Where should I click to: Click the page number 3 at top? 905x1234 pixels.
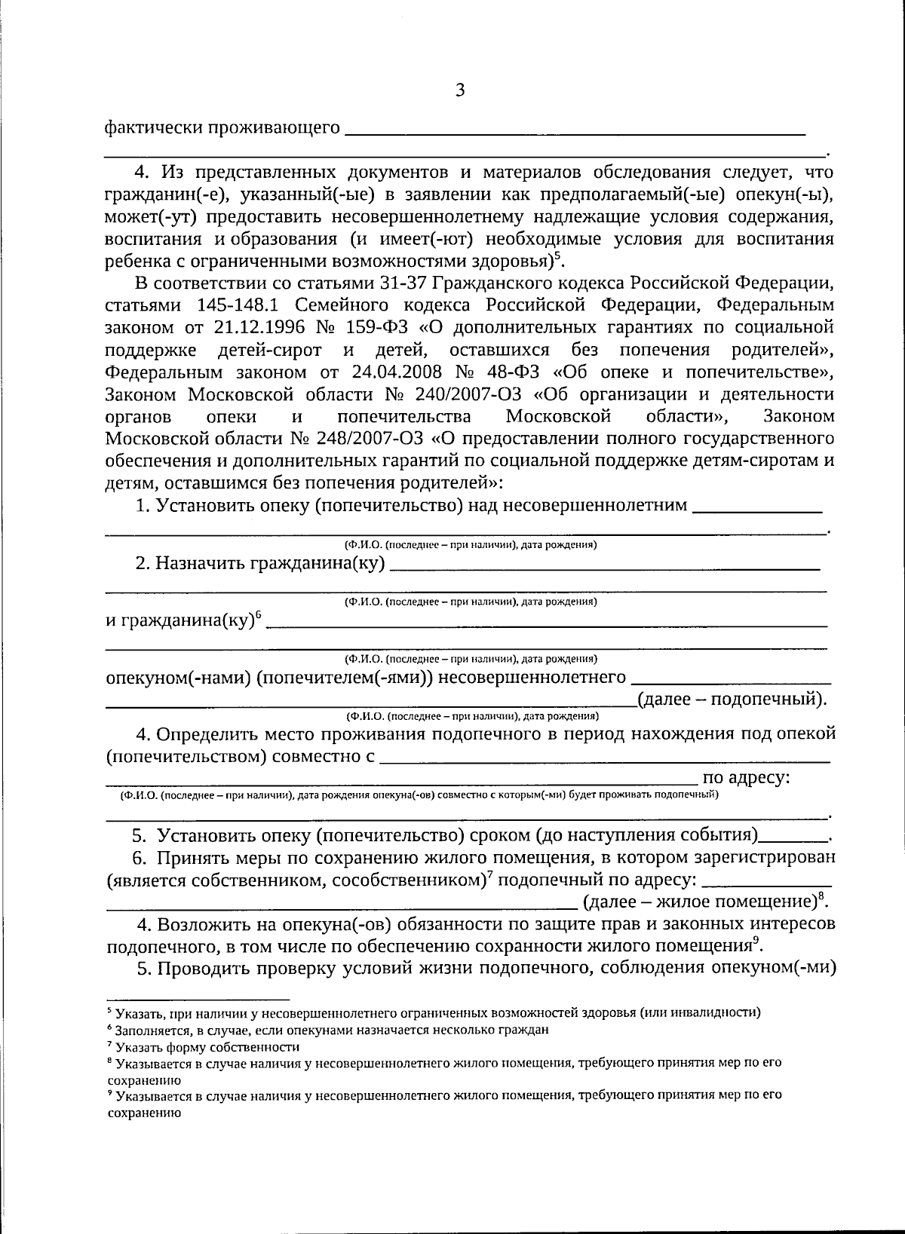point(460,91)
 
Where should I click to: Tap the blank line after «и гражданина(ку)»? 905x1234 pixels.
point(547,625)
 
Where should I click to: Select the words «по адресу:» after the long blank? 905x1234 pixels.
point(745,778)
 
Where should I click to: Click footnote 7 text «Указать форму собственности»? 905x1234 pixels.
point(207,1047)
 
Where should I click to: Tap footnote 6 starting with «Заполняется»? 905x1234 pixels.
point(332,1029)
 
